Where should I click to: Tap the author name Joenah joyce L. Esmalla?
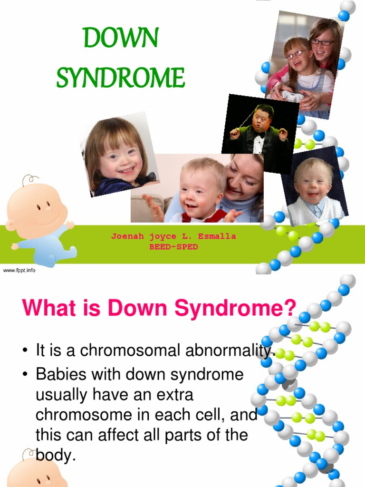[x=173, y=236]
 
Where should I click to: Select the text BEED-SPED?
[x=173, y=247]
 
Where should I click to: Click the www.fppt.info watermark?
[x=19, y=270]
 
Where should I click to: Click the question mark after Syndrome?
[x=289, y=308]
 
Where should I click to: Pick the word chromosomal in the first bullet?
[x=134, y=351]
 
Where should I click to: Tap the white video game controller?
[x=292, y=96]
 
